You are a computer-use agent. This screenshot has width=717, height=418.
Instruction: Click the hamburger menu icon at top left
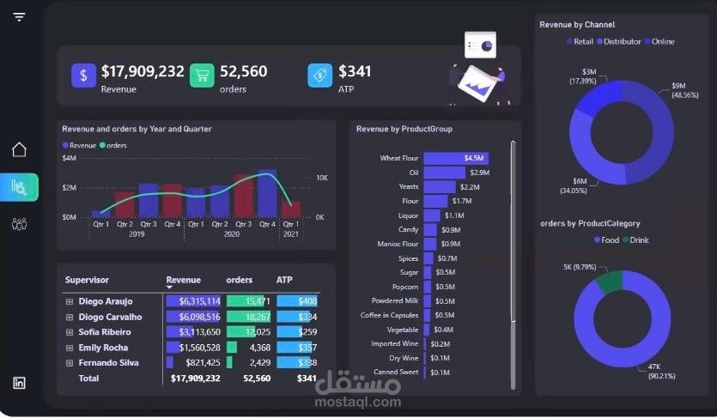coord(19,17)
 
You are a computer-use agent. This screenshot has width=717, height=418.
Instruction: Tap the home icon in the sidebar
coord(19,150)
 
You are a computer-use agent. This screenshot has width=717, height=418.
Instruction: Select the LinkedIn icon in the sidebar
coord(19,383)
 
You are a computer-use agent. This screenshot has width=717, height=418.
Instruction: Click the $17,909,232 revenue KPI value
coord(143,72)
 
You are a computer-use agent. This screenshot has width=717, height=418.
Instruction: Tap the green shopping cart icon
coord(202,76)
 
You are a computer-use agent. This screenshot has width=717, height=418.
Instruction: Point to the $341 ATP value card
coord(355,72)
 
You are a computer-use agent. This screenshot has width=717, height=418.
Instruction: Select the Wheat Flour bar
coord(456,158)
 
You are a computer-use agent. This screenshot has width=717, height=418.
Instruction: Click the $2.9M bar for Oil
coord(444,173)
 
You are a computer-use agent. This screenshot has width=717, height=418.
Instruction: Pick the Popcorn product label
coord(404,287)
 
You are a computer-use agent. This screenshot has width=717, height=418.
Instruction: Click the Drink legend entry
coord(639,240)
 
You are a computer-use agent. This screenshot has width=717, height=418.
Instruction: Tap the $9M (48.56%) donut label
coord(684,91)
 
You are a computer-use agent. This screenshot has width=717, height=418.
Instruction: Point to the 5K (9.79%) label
coord(580,267)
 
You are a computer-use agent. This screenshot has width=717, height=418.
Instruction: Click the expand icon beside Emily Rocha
coord(70,348)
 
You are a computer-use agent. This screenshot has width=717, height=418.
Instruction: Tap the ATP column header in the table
coord(284,280)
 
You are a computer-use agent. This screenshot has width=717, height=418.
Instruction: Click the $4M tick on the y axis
coord(70,158)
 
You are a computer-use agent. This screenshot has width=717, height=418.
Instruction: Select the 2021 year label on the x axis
coord(291,234)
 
